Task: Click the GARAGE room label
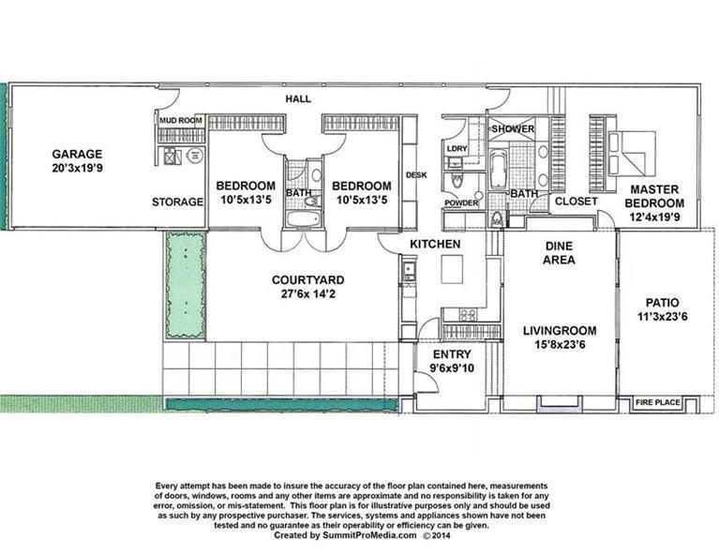pos(77,154)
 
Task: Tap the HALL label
pos(299,98)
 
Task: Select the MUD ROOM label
pos(180,121)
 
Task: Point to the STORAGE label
pos(177,202)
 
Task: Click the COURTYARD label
pos(307,279)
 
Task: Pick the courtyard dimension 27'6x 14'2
pos(307,293)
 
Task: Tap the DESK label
pos(416,175)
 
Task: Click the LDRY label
pos(457,149)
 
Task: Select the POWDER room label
pos(461,202)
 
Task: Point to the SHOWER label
pos(513,128)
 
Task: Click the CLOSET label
pos(576,201)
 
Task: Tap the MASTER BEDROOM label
pos(655,196)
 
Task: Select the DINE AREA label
pos(560,253)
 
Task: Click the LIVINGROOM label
pos(560,330)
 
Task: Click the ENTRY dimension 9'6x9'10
pos(452,368)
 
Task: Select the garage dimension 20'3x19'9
pos(77,169)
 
